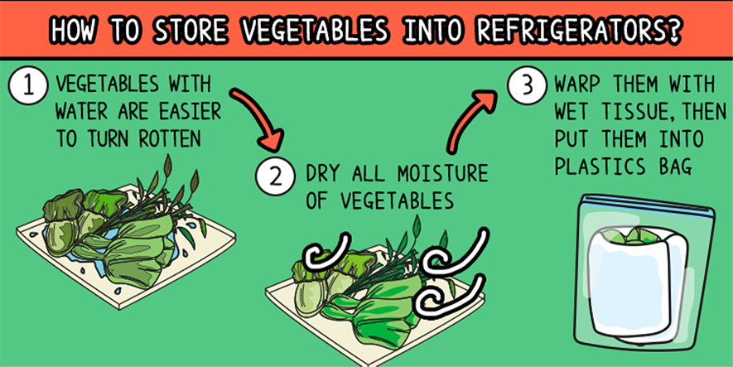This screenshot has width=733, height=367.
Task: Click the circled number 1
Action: click(x=28, y=87)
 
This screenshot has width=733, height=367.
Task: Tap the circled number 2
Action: click(x=275, y=177)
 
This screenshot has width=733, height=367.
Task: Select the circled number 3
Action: click(x=527, y=86)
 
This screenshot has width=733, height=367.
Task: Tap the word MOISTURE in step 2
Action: click(x=442, y=174)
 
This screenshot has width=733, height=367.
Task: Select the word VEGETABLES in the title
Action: click(x=313, y=31)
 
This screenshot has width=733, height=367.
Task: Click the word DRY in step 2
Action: click(x=322, y=174)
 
